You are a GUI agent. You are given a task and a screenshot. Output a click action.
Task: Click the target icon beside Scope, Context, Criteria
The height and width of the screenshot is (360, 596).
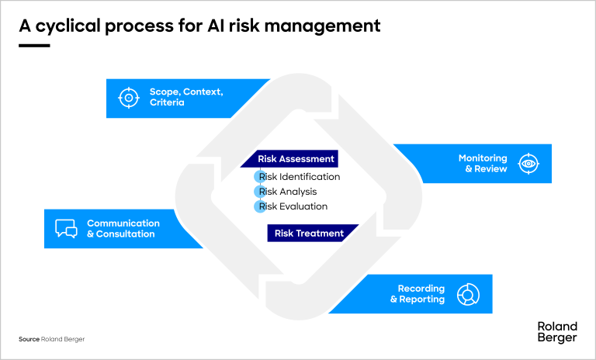click(127, 98)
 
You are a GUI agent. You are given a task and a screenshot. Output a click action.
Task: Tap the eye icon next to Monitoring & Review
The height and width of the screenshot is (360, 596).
click(529, 164)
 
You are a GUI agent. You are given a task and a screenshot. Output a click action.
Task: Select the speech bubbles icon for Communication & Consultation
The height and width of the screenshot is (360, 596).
click(66, 229)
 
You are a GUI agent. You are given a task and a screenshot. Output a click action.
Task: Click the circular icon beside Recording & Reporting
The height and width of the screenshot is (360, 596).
click(468, 294)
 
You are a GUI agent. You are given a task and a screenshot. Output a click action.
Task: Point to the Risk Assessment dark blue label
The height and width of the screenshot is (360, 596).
click(296, 159)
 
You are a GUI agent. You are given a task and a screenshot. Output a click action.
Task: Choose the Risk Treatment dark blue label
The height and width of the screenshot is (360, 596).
click(309, 233)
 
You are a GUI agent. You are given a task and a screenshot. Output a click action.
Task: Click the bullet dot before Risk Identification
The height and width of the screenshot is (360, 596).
click(260, 177)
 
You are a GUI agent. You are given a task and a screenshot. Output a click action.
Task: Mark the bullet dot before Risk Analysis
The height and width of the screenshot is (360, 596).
click(260, 192)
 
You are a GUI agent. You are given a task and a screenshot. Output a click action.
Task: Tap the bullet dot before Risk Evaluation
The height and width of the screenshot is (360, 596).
click(260, 206)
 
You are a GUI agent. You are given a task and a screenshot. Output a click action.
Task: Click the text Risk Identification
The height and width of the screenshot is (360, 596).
click(300, 177)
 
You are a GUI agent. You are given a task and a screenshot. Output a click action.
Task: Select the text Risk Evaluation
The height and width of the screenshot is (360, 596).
click(293, 206)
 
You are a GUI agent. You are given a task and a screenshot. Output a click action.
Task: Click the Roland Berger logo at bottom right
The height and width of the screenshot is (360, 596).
click(557, 332)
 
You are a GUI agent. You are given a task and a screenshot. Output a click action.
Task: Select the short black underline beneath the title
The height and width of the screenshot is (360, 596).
click(33, 46)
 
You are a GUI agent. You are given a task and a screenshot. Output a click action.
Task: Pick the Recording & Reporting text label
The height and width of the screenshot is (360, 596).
click(418, 294)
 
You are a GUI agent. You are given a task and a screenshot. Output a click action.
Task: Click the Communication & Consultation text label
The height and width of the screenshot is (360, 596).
click(123, 229)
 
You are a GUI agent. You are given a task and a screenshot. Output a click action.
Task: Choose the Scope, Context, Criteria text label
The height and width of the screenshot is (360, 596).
click(186, 97)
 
